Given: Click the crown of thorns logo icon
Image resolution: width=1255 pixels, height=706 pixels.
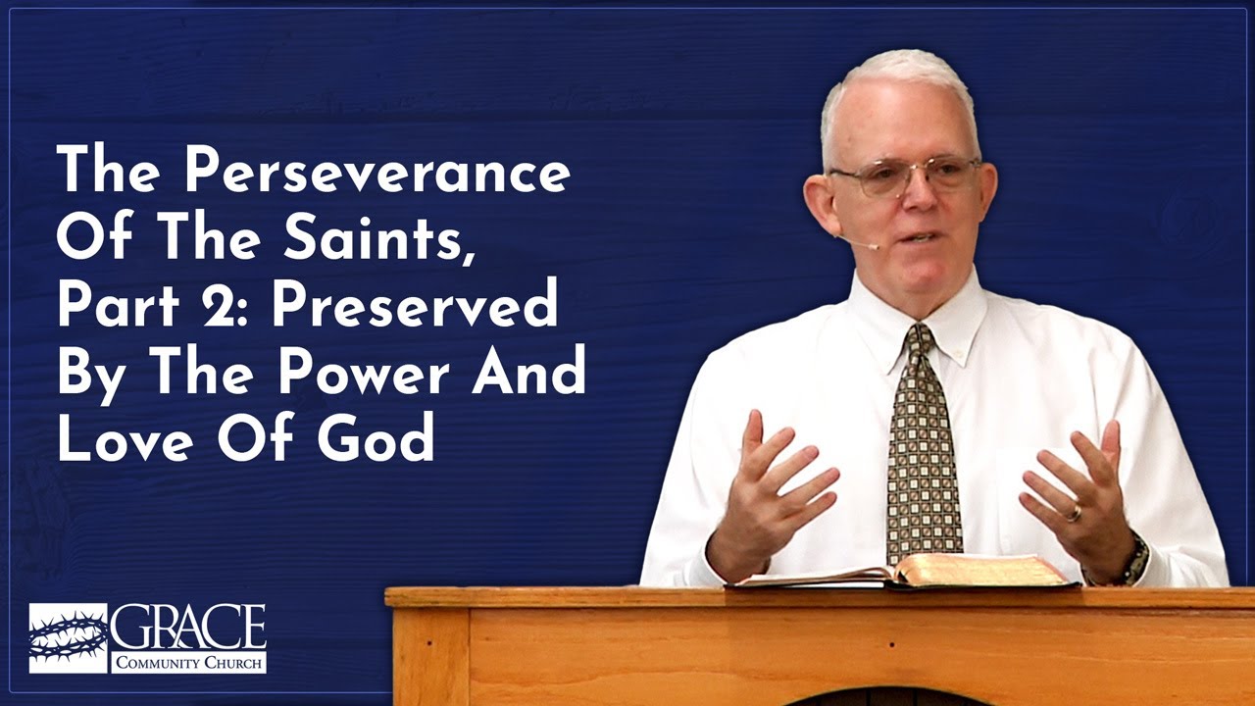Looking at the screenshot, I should [68, 637].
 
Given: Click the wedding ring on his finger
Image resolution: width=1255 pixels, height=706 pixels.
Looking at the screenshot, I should [1075, 513].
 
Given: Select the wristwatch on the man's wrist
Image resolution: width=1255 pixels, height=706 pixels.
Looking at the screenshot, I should [1134, 559].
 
